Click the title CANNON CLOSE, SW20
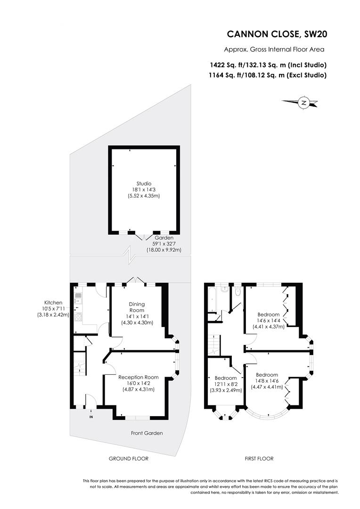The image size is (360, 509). [x=277, y=34]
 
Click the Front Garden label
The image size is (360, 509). [x=147, y=433]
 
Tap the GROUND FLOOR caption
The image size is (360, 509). [x=129, y=459]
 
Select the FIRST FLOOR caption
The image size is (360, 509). [x=259, y=459]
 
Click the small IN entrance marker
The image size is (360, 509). [x=91, y=417]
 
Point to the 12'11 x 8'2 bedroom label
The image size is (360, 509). [x=225, y=384]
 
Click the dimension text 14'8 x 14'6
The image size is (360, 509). [x=267, y=381]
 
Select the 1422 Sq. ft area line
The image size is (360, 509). [x=268, y=65]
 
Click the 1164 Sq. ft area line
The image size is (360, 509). [x=268, y=75]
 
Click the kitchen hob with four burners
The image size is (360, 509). [x=79, y=317]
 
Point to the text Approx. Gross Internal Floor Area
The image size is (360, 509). [x=274, y=49]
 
